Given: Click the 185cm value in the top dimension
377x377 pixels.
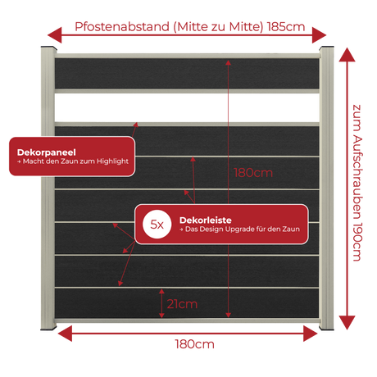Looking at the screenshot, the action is (x=286, y=27).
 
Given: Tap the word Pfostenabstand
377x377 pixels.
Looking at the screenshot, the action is (x=122, y=27).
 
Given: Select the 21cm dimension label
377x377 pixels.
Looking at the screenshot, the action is (x=182, y=304).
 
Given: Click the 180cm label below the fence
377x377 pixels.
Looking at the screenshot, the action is (x=194, y=344).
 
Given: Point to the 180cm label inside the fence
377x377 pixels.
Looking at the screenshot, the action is (x=253, y=173).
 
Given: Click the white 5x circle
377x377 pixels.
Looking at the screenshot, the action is (x=157, y=225).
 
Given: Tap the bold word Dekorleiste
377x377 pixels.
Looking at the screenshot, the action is (x=206, y=220).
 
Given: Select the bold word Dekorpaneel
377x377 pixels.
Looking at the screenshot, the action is (x=47, y=152).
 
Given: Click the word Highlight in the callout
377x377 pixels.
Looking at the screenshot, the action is (x=112, y=161).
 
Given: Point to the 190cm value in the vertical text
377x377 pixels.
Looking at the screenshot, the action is (x=357, y=242).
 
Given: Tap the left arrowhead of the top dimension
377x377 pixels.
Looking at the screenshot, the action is (x=55, y=35).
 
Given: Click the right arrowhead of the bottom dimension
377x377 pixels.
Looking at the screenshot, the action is (x=311, y=334).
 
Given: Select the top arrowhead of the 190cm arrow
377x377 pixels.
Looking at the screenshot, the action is (x=347, y=55).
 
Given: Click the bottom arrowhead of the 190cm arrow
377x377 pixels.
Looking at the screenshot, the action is (x=347, y=323).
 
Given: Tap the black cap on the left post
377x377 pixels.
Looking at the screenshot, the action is (x=49, y=48).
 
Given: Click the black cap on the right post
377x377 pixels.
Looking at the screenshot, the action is (x=327, y=48).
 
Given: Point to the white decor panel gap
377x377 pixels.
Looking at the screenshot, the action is (x=187, y=107).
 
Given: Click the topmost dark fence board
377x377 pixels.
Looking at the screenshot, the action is (x=187, y=73).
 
